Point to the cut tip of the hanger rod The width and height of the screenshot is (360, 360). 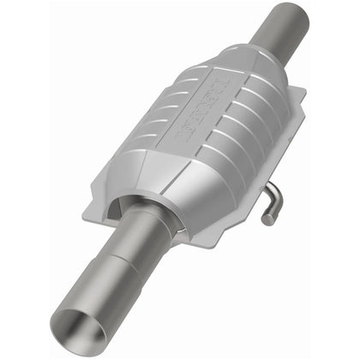click(268, 220)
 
